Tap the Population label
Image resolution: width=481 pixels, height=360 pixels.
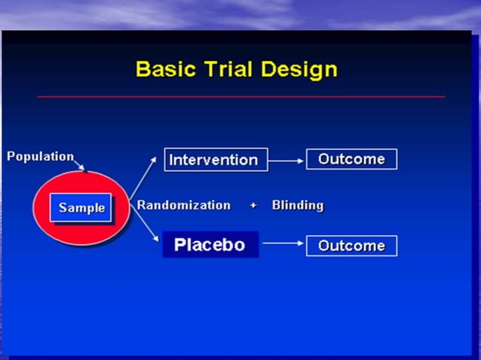pyautogui.click(x=41, y=157)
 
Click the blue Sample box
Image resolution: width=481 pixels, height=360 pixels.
pyautogui.click(x=81, y=208)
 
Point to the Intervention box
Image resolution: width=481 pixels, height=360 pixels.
pyautogui.click(x=215, y=160)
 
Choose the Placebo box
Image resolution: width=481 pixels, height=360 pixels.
pyautogui.click(x=210, y=246)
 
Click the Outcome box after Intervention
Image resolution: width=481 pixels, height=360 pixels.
pyautogui.click(x=351, y=159)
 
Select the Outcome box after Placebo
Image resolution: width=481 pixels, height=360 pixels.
pyautogui.click(x=351, y=246)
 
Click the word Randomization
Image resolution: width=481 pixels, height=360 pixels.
pyautogui.click(x=183, y=205)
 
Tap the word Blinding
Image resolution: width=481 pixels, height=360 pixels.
pyautogui.click(x=298, y=205)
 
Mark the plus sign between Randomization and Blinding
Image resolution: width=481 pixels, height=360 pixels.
pyautogui.click(x=253, y=206)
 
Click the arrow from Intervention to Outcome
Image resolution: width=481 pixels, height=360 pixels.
pyautogui.click(x=286, y=160)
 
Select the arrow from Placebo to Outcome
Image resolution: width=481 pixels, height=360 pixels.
pyautogui.click(x=283, y=244)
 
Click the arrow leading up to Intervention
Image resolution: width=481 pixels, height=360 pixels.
pyautogui.click(x=148, y=177)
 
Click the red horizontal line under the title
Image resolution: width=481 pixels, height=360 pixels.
pyautogui.click(x=241, y=97)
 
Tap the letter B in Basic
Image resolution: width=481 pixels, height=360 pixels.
pyautogui.click(x=142, y=69)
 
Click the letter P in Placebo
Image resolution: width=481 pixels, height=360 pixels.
pyautogui.click(x=180, y=246)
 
